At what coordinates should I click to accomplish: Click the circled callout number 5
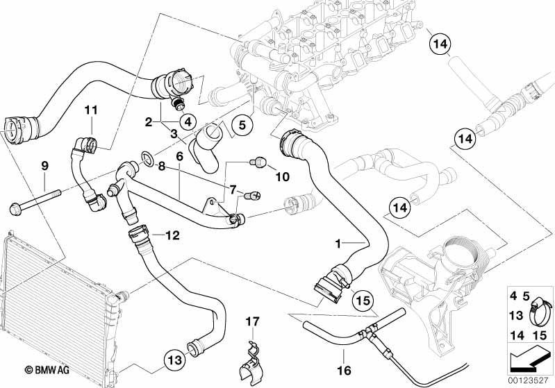click(x=242, y=125)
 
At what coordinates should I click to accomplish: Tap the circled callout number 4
click(x=188, y=122)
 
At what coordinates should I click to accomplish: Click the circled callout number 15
click(x=363, y=301)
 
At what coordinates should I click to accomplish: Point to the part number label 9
click(x=44, y=166)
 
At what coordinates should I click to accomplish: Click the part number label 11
click(x=91, y=110)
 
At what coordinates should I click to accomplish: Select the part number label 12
click(x=173, y=235)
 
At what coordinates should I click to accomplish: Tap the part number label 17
click(x=253, y=322)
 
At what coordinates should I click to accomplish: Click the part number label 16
click(x=344, y=371)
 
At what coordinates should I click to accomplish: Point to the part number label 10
click(x=282, y=176)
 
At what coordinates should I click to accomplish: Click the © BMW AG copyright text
click(x=47, y=370)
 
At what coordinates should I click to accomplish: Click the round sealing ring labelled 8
click(x=147, y=158)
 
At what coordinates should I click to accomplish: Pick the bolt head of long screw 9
click(x=15, y=209)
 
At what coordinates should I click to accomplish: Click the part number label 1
click(x=338, y=244)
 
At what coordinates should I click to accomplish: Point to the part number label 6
click(x=179, y=156)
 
